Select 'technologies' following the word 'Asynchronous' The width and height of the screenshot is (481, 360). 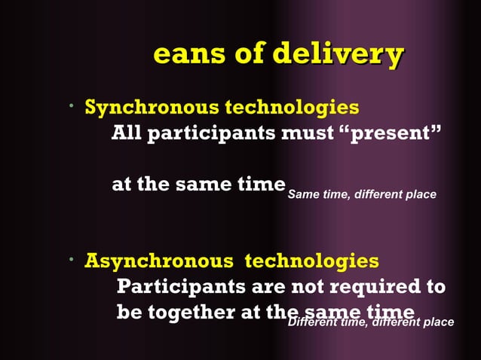pos(312,261)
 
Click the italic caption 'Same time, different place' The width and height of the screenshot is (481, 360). pos(362,195)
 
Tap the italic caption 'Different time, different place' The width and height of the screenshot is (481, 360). pos(371,322)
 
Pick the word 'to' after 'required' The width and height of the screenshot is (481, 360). pos(435,288)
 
